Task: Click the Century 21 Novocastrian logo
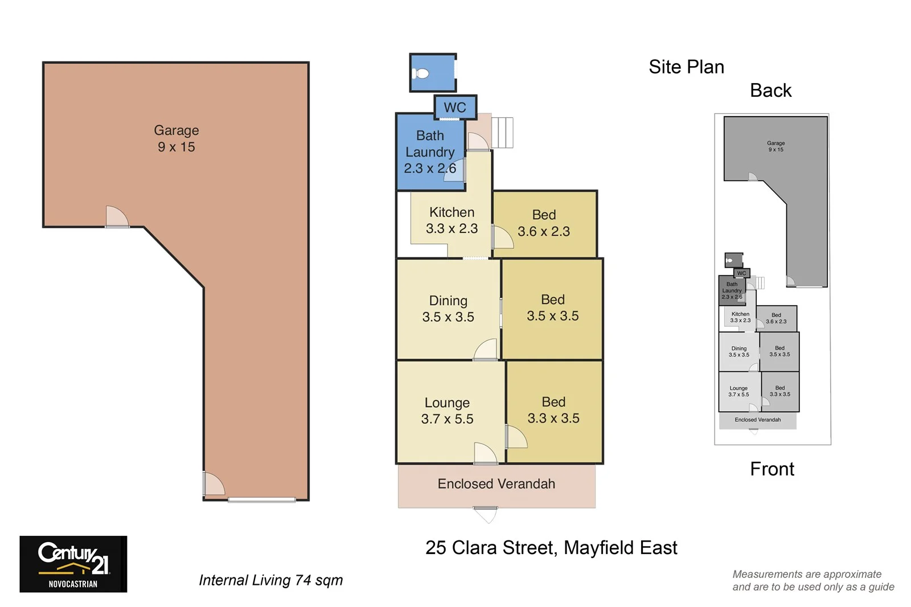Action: (x=73, y=563)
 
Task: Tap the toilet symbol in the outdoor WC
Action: (x=421, y=73)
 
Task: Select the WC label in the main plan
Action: (x=454, y=107)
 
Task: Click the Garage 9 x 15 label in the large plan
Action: (x=176, y=138)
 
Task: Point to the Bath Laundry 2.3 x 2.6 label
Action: (x=430, y=152)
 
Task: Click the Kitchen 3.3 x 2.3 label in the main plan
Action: (x=452, y=220)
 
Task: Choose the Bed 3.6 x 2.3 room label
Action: (x=544, y=223)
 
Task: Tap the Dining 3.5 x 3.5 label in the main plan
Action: (x=448, y=309)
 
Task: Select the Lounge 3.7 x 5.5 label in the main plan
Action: (x=447, y=411)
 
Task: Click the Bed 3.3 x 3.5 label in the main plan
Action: (x=553, y=410)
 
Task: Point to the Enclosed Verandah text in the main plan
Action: (x=496, y=483)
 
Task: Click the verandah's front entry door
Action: (x=485, y=514)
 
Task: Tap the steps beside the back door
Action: (x=502, y=133)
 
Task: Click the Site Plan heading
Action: (x=686, y=67)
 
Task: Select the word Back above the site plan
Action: (x=770, y=91)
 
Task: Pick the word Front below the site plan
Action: (x=772, y=469)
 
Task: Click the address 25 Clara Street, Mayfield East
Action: (x=551, y=547)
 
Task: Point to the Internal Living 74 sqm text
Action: (x=270, y=580)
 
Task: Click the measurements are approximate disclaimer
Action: (x=812, y=580)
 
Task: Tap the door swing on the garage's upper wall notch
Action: (x=117, y=217)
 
